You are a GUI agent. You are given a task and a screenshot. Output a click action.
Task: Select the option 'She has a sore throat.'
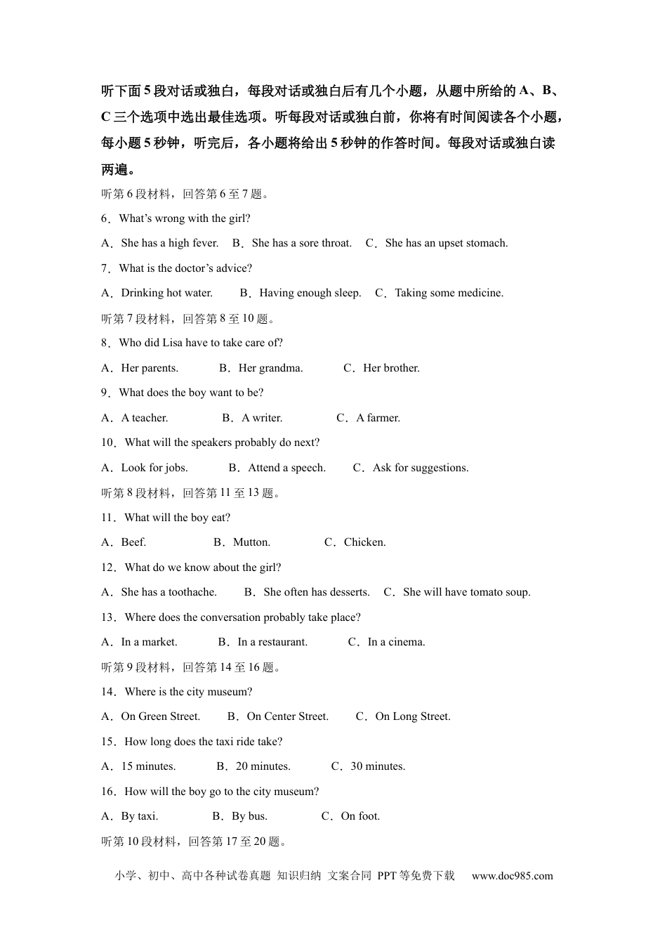301,243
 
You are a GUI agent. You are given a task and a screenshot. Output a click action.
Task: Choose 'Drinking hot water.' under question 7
166,293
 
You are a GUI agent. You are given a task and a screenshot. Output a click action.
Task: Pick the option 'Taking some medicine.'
449,293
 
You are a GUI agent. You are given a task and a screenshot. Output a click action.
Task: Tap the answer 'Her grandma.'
270,368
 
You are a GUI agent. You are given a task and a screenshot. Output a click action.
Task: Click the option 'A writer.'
262,418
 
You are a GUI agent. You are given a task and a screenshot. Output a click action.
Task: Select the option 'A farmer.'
378,418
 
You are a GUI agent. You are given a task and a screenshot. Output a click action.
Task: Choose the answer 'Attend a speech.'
286,468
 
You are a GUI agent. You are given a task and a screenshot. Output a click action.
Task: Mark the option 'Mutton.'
251,542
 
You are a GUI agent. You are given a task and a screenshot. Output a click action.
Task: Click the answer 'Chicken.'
364,542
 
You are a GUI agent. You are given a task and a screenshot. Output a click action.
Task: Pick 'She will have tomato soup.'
466,592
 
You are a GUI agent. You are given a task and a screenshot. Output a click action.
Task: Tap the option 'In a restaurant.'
272,642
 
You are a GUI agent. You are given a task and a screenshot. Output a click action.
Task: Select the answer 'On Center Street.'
287,716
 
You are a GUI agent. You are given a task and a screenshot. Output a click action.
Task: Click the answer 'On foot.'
360,816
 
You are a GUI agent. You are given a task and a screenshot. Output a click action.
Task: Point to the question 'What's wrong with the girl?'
185,218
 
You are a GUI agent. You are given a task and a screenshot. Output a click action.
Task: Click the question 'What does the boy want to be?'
191,393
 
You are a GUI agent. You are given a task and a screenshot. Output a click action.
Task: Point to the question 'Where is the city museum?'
188,692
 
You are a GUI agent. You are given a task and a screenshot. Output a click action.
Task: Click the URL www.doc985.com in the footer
512,876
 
